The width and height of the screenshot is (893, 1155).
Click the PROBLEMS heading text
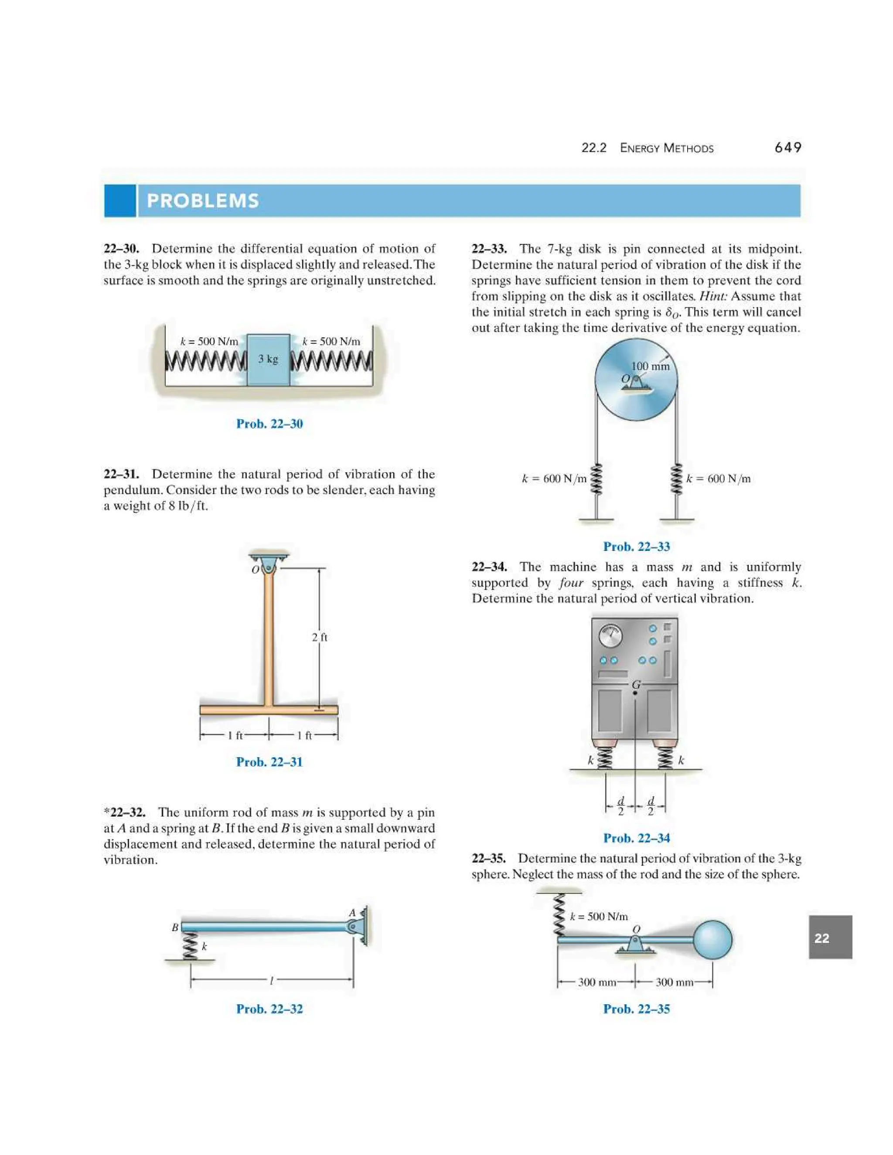(x=203, y=201)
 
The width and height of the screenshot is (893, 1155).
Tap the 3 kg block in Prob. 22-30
(x=268, y=360)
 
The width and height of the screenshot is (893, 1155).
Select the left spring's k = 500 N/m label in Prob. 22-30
(x=209, y=341)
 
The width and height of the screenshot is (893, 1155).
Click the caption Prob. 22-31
(x=269, y=762)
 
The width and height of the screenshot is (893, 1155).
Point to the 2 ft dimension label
(x=320, y=637)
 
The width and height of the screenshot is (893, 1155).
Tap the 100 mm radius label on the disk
(x=650, y=366)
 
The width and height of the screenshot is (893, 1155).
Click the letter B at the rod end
(x=175, y=927)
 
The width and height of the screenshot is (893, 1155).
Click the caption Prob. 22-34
(x=637, y=838)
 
